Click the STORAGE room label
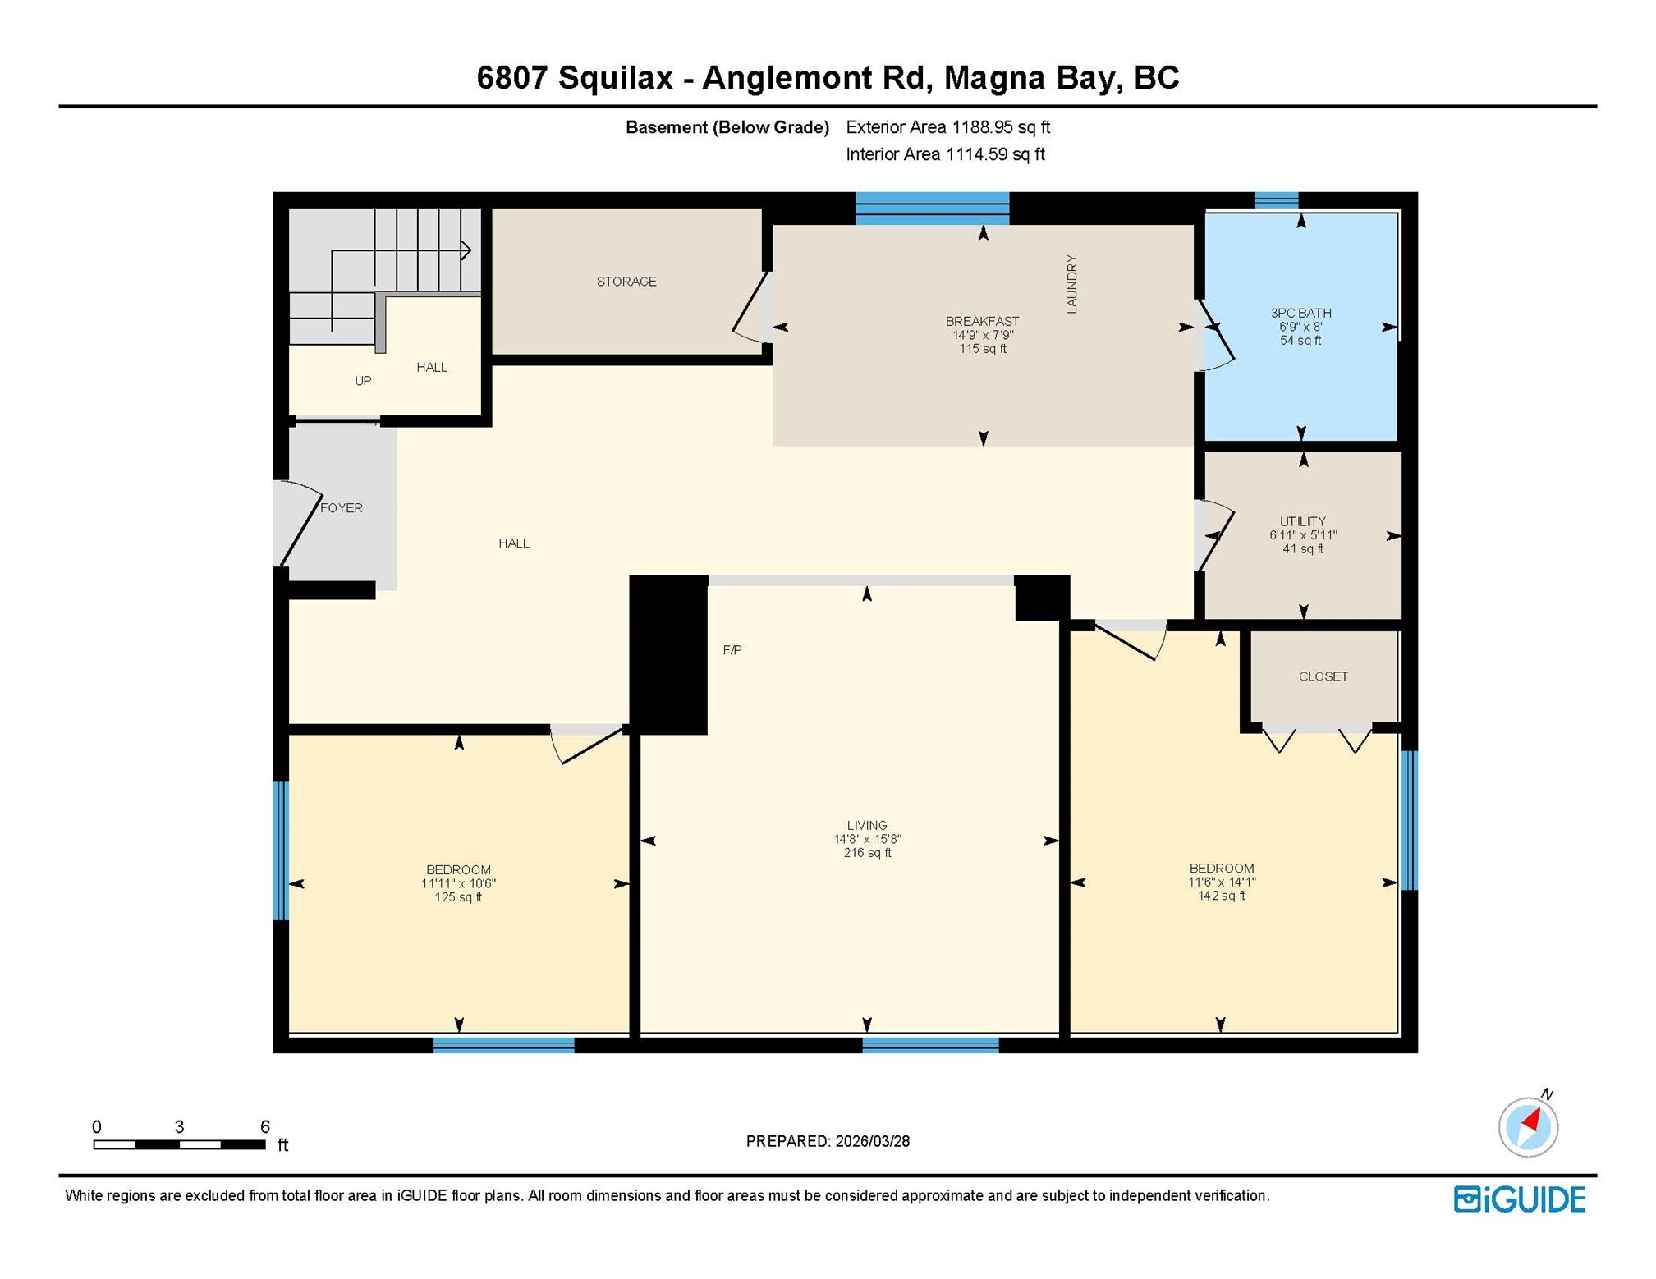pos(626,282)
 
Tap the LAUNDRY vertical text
pos(1071,284)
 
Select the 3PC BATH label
pos(1300,313)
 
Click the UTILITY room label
pos(1302,521)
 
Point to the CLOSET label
pos(1323,676)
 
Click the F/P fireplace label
pos(732,650)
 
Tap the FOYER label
pos(341,508)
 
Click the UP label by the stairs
pos(362,381)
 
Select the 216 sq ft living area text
pos(866,853)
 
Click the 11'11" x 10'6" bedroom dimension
pos(458,883)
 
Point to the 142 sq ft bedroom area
pos(1221,896)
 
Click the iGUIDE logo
pos(1519,1199)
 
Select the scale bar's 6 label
pos(264,1126)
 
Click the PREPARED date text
pos(827,1141)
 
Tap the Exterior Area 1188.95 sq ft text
pos(947,127)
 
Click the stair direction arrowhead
pos(466,250)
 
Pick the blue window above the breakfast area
pos(932,208)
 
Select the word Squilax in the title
pos(615,78)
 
